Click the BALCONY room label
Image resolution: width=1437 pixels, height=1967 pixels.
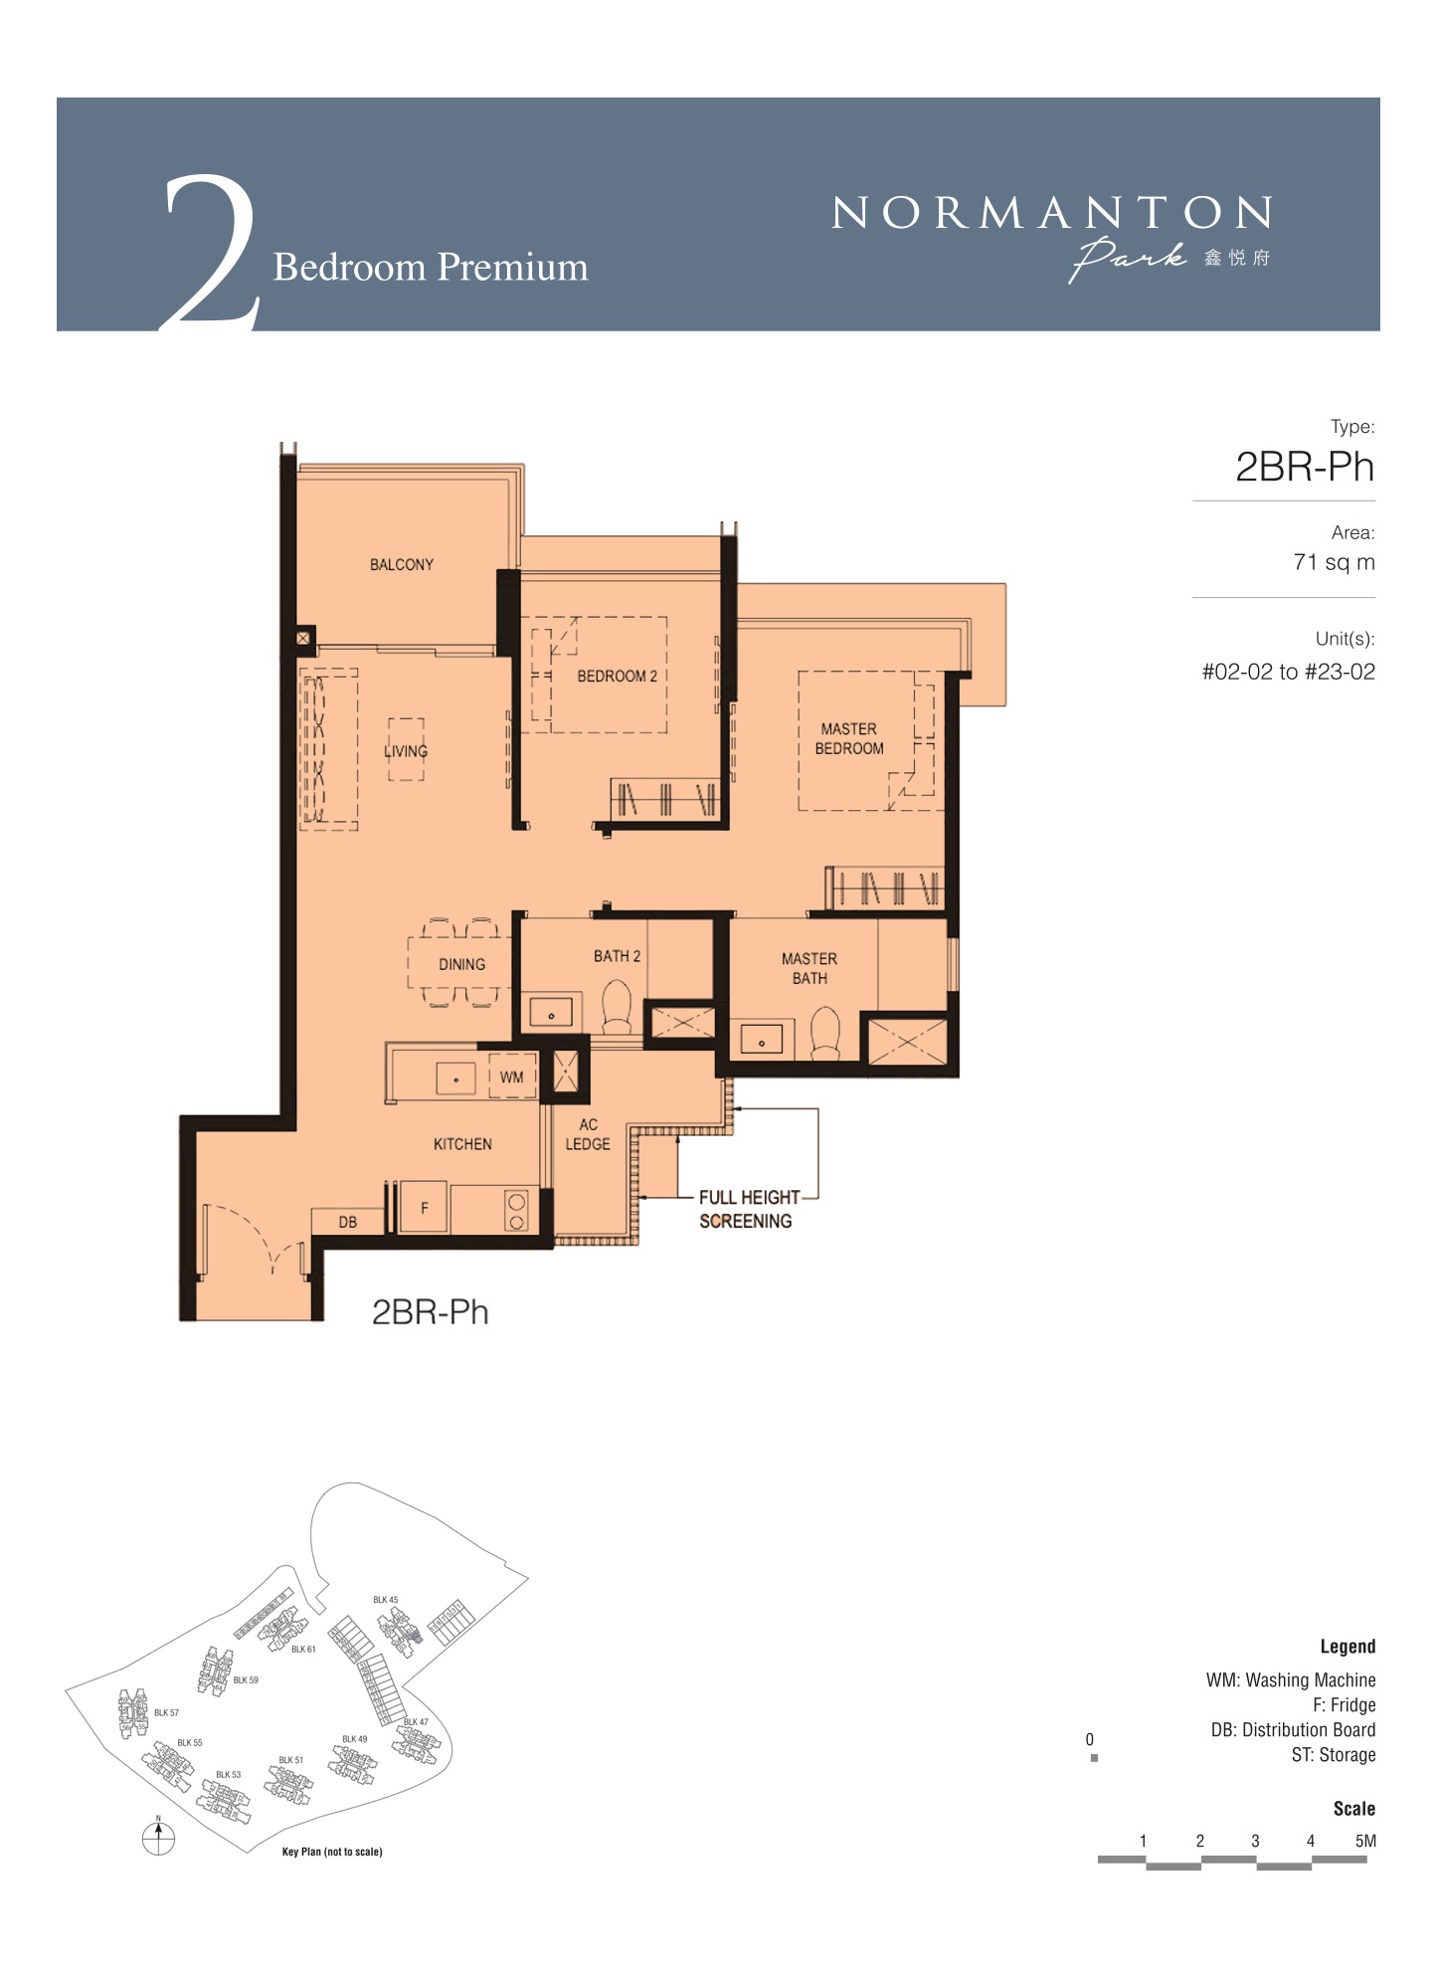(402, 564)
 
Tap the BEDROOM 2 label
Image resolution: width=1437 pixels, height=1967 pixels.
(617, 676)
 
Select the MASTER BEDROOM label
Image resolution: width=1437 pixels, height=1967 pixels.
(849, 738)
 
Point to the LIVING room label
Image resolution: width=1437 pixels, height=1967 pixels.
(406, 751)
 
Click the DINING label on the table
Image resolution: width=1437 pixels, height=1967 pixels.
(461, 964)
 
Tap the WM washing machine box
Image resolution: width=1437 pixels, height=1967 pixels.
(512, 1077)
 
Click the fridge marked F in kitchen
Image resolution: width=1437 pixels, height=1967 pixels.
(424, 1209)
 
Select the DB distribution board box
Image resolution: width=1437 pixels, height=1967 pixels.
(347, 1222)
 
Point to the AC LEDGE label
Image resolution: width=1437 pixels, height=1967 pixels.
(588, 1134)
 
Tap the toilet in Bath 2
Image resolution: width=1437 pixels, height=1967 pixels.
(617, 1007)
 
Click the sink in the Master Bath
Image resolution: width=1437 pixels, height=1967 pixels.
(762, 1040)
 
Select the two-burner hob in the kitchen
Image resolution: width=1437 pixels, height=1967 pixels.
(516, 1210)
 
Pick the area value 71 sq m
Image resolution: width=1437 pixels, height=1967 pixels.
(1334, 562)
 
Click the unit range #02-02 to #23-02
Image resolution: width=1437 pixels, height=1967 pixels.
(1289, 672)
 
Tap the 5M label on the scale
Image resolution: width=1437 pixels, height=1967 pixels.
(1365, 1841)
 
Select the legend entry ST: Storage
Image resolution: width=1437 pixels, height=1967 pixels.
(1334, 1755)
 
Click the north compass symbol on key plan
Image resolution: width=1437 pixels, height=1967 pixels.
(158, 1838)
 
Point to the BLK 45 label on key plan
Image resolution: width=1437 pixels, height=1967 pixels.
(386, 1600)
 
